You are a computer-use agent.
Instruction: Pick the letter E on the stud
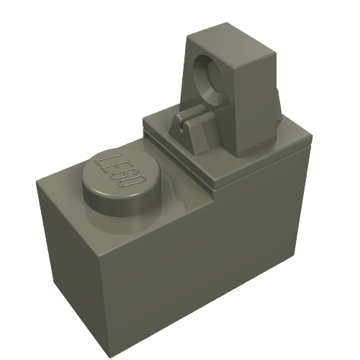(x=115, y=166)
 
